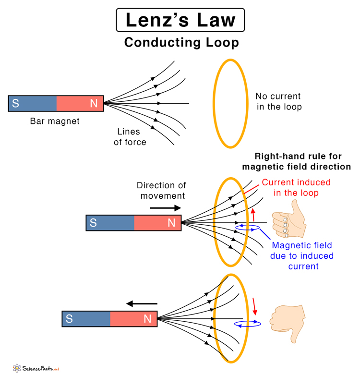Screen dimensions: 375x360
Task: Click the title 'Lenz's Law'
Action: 180,20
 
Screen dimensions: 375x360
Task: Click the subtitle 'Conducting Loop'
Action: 181,42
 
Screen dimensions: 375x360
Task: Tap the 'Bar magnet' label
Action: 55,121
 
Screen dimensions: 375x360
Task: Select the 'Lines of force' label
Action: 130,137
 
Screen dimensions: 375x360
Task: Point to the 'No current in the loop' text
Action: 279,101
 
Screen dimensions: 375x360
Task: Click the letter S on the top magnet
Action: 15,104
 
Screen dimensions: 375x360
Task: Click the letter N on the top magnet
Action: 94,104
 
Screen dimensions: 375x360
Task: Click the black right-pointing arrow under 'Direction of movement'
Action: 165,208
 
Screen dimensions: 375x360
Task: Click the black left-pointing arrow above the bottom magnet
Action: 142,303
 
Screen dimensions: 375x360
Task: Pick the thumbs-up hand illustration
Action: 288,219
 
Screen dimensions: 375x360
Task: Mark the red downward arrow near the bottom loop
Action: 254,305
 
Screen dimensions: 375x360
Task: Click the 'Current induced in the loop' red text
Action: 296,188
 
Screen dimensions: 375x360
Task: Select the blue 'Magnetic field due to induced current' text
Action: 301,255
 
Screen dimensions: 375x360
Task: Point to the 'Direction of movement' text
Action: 161,191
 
